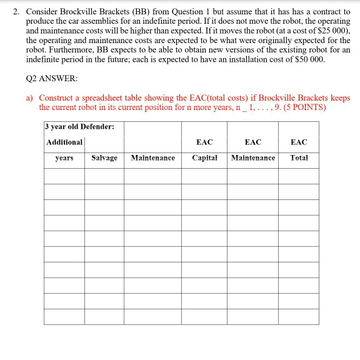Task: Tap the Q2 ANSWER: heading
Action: (x=48, y=81)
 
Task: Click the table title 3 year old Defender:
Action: (x=79, y=126)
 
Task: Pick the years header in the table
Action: (x=64, y=158)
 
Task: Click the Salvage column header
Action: (x=104, y=158)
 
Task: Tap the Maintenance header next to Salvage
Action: (x=152, y=158)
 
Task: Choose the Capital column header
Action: (x=204, y=158)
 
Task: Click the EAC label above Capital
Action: (x=204, y=142)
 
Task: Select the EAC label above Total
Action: (x=299, y=142)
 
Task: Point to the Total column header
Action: (x=299, y=158)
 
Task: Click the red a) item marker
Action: (x=29, y=99)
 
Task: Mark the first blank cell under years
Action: (x=64, y=176)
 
